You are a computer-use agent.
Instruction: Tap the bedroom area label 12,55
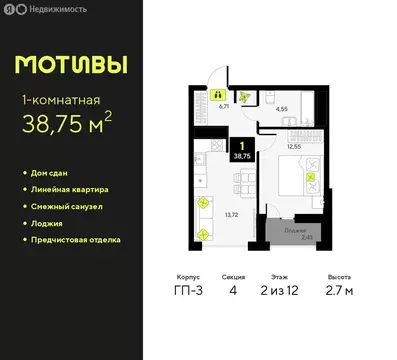pyautogui.click(x=294, y=147)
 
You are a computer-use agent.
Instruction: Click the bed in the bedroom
pyautogui.click(x=300, y=180)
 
